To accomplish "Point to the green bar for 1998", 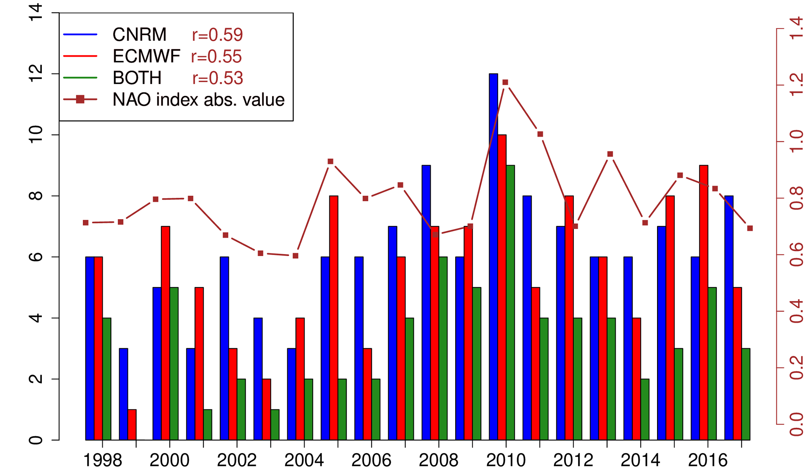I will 107,379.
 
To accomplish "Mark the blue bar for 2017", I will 729,318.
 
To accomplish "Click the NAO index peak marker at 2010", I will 505,82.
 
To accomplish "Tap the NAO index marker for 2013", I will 610,154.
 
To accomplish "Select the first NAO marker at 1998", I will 86,223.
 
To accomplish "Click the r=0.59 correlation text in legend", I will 217,35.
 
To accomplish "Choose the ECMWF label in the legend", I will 146,57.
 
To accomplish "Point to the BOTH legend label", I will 137,78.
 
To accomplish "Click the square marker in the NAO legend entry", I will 80,100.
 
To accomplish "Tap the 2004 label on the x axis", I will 304,461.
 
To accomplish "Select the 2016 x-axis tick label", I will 707,461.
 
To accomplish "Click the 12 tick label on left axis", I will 36,73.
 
